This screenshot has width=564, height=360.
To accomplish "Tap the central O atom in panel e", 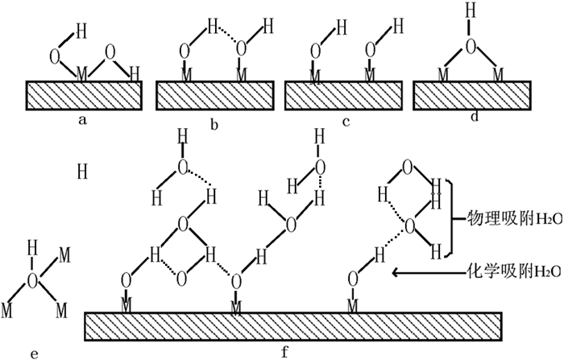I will (33, 281).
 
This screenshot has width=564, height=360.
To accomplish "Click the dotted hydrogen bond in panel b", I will (226, 35).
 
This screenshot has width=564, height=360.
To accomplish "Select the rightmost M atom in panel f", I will (352, 304).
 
